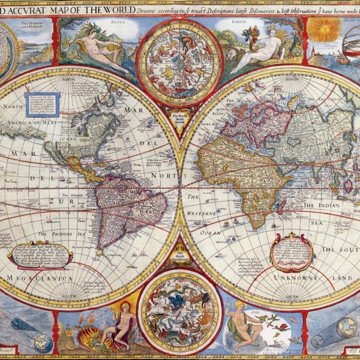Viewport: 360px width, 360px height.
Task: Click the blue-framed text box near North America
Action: tap(41, 104)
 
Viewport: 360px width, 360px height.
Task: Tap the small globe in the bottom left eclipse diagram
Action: tap(43, 343)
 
